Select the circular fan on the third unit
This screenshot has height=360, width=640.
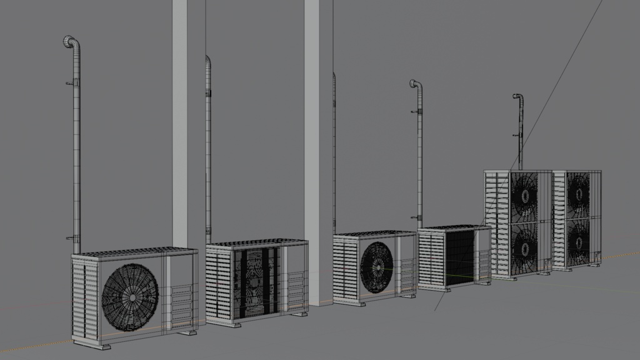click(x=376, y=267)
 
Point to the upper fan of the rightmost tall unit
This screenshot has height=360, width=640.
click(x=579, y=192)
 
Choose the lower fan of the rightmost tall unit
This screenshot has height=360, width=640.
click(x=579, y=241)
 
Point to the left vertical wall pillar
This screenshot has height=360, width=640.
click(x=179, y=125)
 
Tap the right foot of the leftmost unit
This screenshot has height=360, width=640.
click(x=186, y=332)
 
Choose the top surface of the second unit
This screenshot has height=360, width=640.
click(x=256, y=242)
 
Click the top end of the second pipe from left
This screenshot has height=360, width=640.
click(x=208, y=59)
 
